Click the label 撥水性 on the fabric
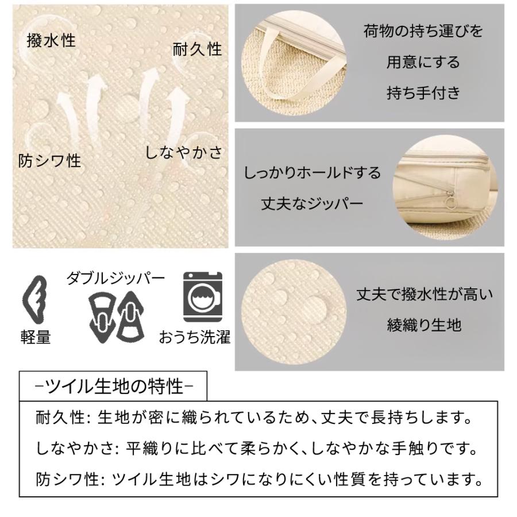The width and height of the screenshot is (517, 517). pyautogui.click(x=51, y=41)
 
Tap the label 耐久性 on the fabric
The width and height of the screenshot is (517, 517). pyautogui.click(x=197, y=49)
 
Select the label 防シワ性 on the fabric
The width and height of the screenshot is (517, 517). pyautogui.click(x=50, y=161)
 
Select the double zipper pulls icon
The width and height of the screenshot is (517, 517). pyautogui.click(x=115, y=315)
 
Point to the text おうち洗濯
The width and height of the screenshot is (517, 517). pyautogui.click(x=195, y=337)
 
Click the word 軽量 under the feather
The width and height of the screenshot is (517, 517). pyautogui.click(x=35, y=337)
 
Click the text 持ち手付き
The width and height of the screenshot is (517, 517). pyautogui.click(x=423, y=92)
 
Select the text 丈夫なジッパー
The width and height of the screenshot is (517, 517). pyautogui.click(x=312, y=203)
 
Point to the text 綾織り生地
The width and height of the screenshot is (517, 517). pyautogui.click(x=424, y=325)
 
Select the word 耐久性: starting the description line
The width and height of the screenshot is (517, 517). pyautogui.click(x=59, y=416)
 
